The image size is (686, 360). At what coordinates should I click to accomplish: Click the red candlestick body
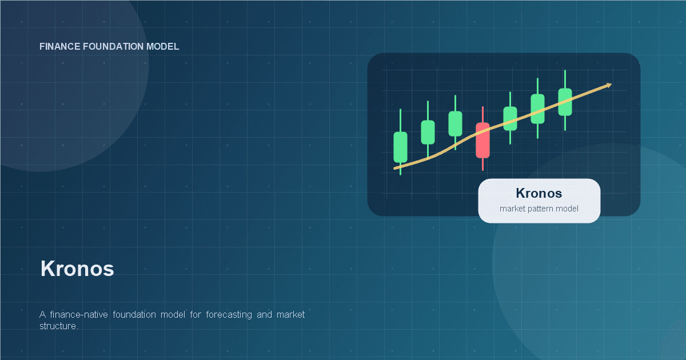(482, 140)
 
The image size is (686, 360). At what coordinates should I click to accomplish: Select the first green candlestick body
(400, 147)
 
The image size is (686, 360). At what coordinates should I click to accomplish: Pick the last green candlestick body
(565, 102)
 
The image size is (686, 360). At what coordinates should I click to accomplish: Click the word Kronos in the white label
(539, 193)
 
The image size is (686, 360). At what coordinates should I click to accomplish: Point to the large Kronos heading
(77, 269)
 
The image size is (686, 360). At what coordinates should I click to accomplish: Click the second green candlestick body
(428, 132)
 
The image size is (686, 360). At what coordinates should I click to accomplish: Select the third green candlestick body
(455, 123)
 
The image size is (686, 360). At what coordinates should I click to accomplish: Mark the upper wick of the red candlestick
(482, 114)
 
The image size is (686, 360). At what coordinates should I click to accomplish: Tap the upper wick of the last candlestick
(565, 79)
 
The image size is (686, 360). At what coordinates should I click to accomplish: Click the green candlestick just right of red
(510, 118)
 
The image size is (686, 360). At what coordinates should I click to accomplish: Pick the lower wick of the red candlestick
(482, 164)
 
